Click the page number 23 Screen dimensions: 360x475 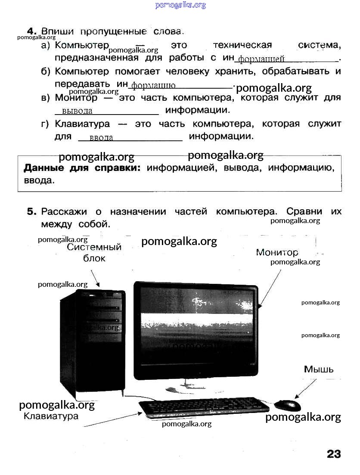334,454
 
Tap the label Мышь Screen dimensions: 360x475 319,369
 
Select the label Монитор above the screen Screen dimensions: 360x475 277,252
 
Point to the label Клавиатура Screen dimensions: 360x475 51,416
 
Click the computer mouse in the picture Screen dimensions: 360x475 287,405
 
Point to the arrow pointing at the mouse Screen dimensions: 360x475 306,388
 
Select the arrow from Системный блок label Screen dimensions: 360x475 95,278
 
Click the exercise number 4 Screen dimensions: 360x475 32,31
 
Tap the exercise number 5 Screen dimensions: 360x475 31,211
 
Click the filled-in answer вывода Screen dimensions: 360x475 77,111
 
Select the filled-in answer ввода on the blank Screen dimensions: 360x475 101,138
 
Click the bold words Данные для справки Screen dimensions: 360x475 82,168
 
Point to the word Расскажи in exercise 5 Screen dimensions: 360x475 64,211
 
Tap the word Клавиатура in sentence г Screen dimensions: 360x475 82,124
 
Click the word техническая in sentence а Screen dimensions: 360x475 242,45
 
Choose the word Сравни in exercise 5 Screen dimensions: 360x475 304,211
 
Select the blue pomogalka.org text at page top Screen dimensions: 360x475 180,5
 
